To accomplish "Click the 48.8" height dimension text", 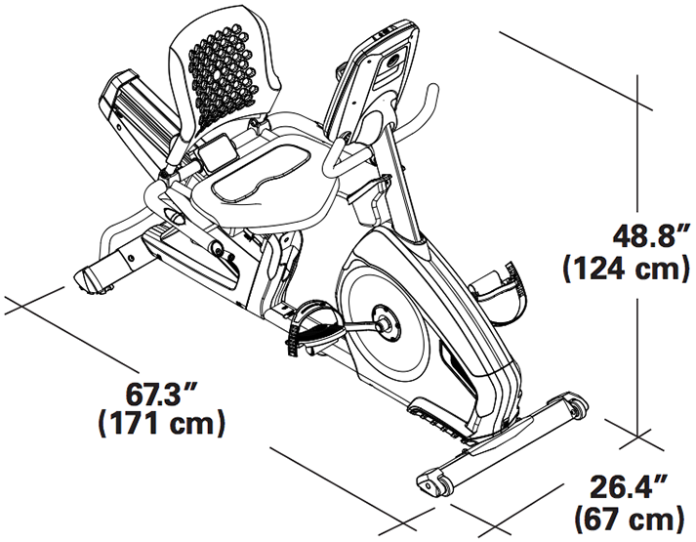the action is pos(651,236).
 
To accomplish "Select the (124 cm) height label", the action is pos(627,269).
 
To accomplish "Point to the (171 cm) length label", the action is pos(161,423).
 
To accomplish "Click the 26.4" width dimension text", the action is pos(628,487).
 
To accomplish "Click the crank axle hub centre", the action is pos(383,323).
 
